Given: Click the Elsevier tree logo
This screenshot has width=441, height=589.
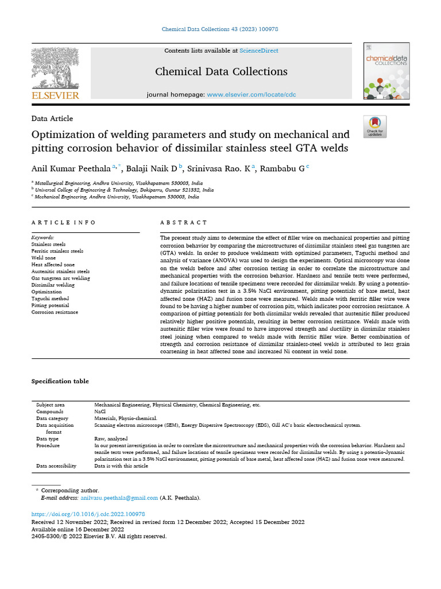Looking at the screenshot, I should point(55,68).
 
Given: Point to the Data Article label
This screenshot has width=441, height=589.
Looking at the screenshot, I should point(52,118).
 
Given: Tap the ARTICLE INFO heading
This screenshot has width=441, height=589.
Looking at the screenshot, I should point(64,223).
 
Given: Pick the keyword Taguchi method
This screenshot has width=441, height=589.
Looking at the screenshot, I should point(50,299).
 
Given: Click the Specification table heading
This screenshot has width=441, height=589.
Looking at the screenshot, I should point(60,381).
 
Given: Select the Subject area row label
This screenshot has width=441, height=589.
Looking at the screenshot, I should point(50,405).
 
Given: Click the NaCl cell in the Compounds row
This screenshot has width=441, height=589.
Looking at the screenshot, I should point(100,412).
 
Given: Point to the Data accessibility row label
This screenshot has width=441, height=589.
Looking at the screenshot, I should point(56,466).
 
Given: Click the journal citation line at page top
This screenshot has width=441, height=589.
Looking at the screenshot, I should point(220,29).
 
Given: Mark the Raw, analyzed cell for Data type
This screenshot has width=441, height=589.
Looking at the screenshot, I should point(112,438).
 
